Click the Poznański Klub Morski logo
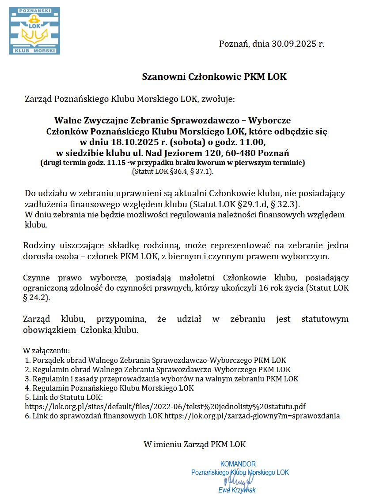[34, 30]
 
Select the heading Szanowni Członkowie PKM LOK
[214, 76]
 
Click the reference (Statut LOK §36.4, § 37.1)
[173, 172]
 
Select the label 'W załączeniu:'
[46, 351]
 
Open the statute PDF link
[165, 406]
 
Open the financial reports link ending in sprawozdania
[252, 415]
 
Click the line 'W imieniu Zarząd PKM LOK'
[194, 444]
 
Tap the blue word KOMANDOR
[238, 464]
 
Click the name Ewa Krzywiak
[237, 490]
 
